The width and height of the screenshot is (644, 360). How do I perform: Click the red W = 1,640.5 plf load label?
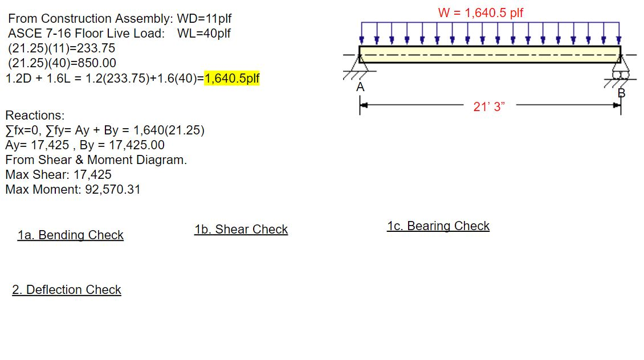[x=480, y=13]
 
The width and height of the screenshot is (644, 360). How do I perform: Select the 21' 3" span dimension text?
[x=490, y=107]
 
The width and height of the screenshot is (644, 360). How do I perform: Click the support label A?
[x=360, y=88]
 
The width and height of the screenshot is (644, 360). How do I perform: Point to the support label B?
[x=621, y=93]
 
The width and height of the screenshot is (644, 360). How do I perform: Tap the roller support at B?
[x=619, y=72]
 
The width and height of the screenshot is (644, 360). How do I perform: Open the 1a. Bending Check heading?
[x=70, y=235]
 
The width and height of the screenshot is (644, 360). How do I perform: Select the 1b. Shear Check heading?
[x=241, y=230]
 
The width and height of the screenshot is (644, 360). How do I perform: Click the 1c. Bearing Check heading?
[x=438, y=226]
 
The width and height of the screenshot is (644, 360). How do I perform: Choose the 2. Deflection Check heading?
[x=67, y=290]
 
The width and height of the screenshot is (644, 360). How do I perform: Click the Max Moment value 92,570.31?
[x=112, y=190]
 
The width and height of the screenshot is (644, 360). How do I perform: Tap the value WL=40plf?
[x=204, y=34]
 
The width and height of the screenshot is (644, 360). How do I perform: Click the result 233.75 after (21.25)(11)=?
[x=96, y=48]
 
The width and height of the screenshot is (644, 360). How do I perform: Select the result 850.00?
[x=97, y=63]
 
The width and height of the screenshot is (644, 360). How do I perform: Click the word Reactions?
[x=35, y=116]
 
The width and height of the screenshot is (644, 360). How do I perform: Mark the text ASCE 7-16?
[x=32, y=34]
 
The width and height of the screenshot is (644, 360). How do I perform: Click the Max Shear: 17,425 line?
[x=58, y=175]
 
